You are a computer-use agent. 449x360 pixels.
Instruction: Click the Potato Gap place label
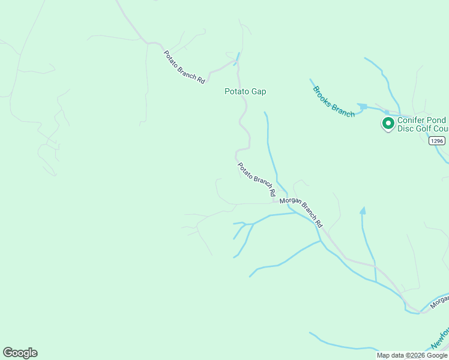(x=245, y=92)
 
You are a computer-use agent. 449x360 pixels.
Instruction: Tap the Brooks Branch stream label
(x=333, y=101)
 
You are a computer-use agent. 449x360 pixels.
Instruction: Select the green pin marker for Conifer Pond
(x=388, y=124)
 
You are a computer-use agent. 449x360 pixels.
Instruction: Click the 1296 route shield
(x=437, y=141)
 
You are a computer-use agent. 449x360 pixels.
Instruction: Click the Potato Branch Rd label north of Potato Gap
(x=184, y=67)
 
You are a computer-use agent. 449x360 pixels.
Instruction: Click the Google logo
(x=20, y=353)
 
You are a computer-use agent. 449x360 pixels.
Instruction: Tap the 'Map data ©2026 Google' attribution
(x=412, y=355)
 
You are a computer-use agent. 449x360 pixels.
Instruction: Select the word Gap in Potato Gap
(x=259, y=92)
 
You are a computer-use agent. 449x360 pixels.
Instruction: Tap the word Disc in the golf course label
(x=407, y=128)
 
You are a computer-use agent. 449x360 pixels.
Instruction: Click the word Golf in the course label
(x=427, y=128)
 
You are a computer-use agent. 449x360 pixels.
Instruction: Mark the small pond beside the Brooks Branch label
(x=362, y=107)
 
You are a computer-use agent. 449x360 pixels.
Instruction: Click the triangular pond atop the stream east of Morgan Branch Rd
(x=362, y=211)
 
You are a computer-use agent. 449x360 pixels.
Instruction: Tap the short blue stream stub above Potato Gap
(x=237, y=58)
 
